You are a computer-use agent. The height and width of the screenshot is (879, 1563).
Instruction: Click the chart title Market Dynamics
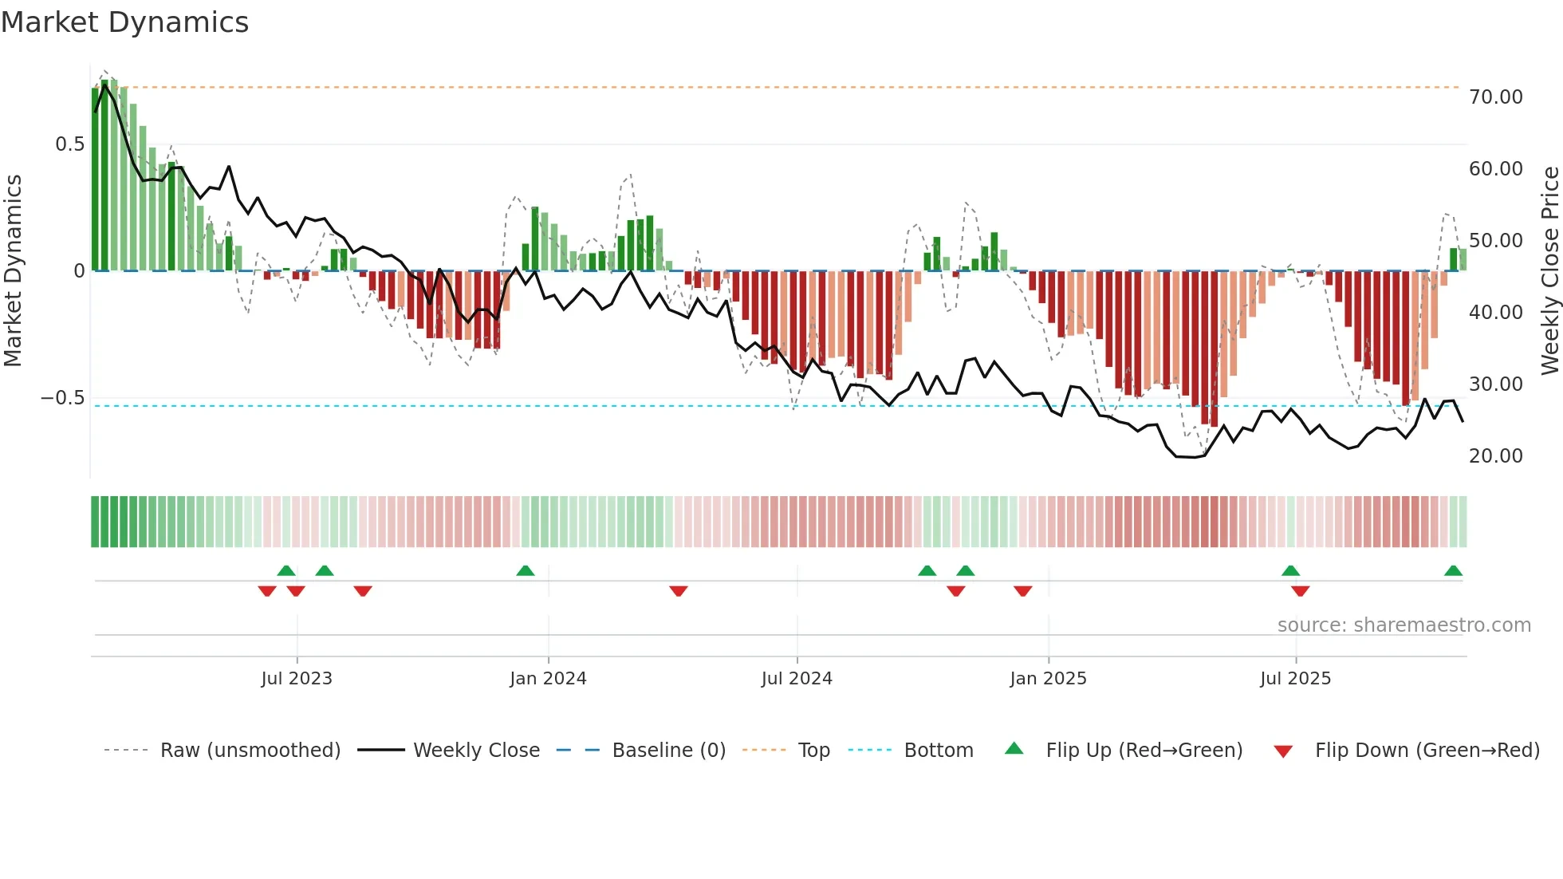click(125, 22)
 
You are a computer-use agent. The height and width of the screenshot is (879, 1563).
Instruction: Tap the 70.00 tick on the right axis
click(1495, 97)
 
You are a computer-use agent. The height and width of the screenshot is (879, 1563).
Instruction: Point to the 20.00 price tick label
click(1495, 456)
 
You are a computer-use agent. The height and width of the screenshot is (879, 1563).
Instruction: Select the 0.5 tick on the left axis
click(69, 144)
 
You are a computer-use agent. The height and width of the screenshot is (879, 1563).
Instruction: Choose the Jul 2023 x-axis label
click(297, 679)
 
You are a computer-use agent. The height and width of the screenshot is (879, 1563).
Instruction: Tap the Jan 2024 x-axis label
click(548, 679)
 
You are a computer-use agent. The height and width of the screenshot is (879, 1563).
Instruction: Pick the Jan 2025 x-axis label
click(1048, 679)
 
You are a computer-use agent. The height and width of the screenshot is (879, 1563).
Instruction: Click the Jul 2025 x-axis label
click(1295, 679)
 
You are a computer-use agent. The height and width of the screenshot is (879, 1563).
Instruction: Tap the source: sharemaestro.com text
click(1404, 625)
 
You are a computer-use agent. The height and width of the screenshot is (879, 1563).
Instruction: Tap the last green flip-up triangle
click(1453, 571)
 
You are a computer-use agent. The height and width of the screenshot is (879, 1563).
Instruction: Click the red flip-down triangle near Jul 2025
click(1300, 591)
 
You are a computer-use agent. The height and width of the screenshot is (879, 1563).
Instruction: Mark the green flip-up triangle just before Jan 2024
click(525, 571)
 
